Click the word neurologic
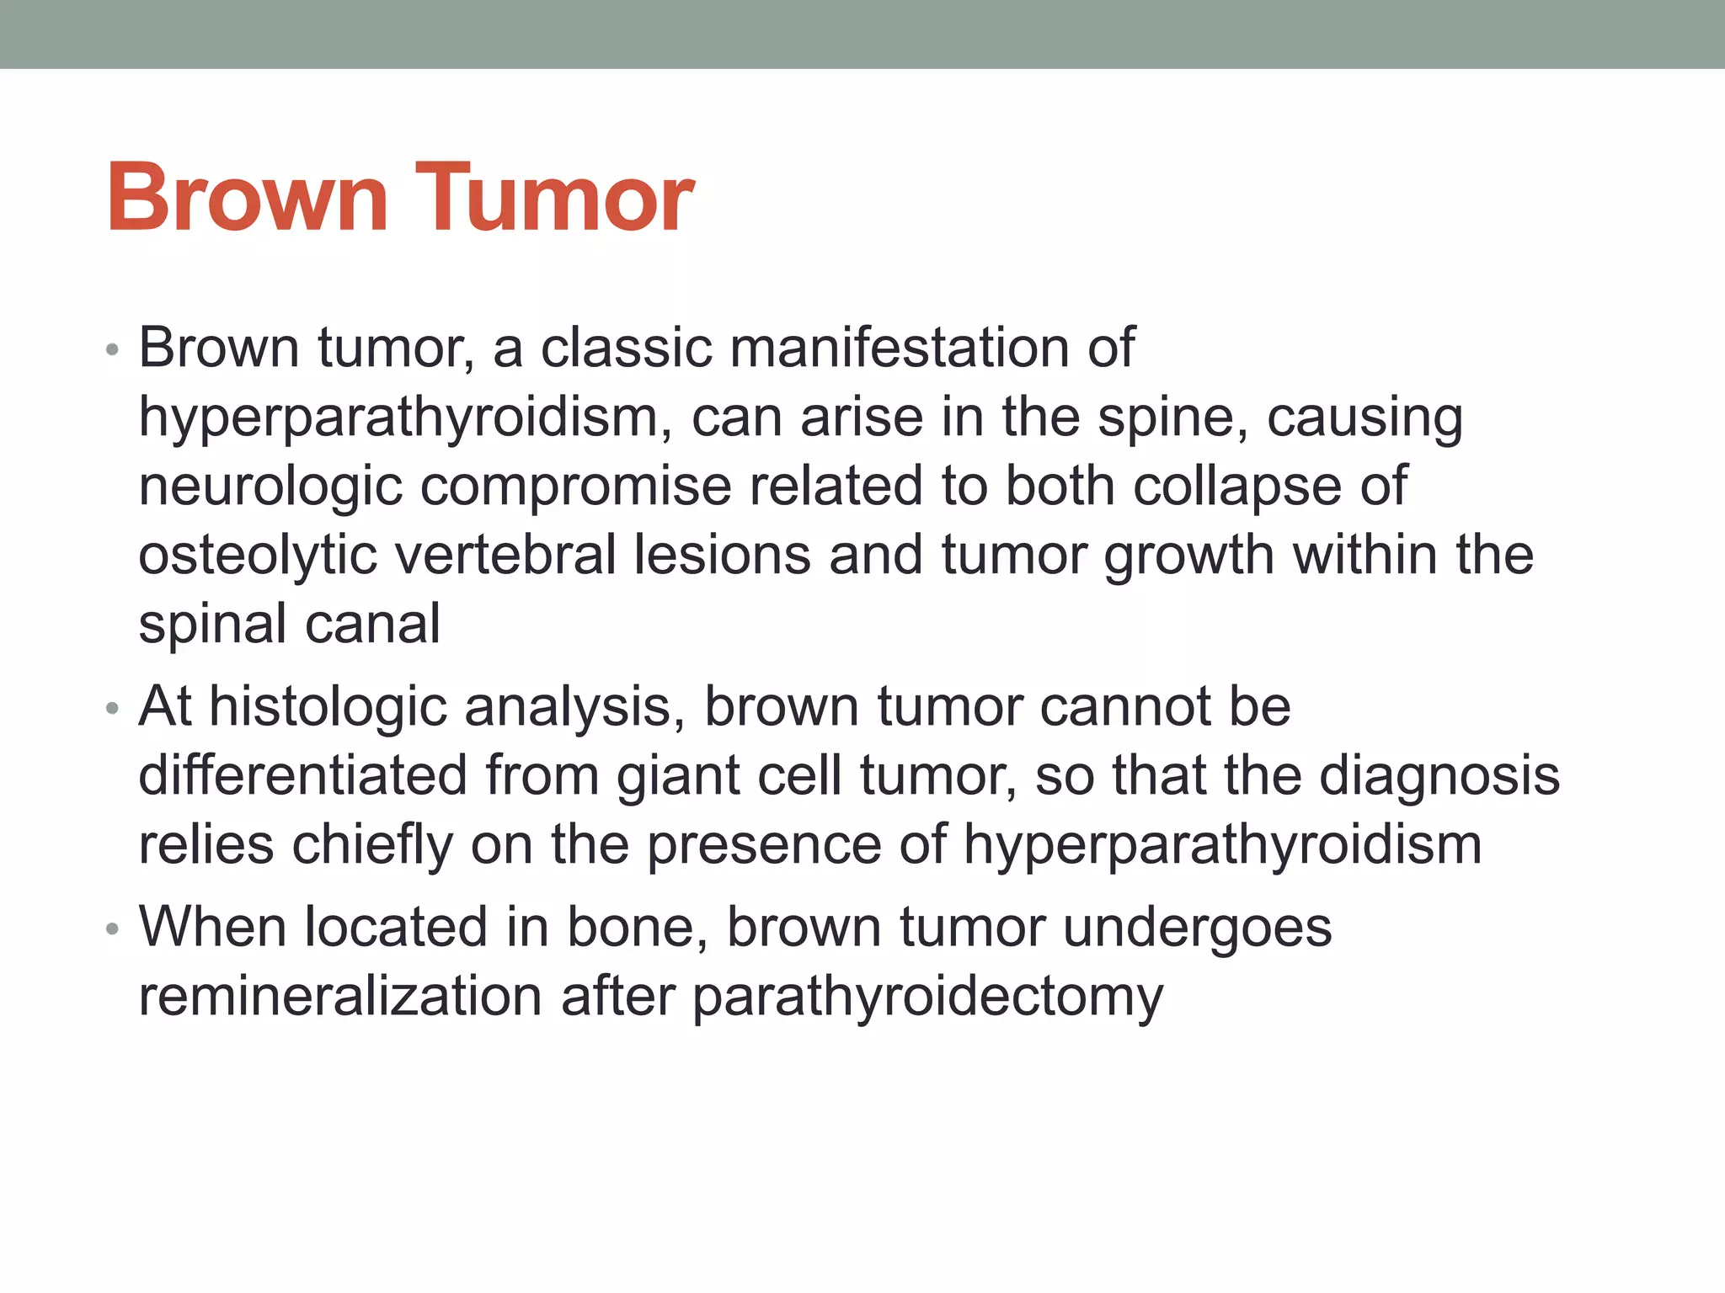[x=270, y=487]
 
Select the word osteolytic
[x=257, y=556]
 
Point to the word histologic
[x=328, y=706]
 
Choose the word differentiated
[x=302, y=775]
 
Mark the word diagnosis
[x=1439, y=775]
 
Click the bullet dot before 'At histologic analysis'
[x=113, y=710]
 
